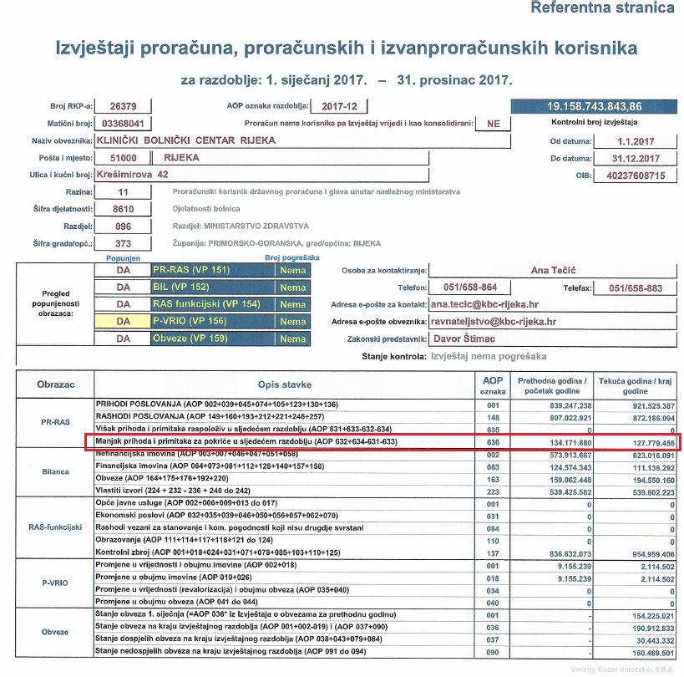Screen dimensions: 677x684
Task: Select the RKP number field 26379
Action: click(124, 106)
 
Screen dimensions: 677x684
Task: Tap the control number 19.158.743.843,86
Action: click(594, 107)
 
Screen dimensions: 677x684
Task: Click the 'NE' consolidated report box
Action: click(494, 123)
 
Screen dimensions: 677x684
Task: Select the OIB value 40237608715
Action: click(636, 176)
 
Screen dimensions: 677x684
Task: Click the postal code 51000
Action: click(123, 158)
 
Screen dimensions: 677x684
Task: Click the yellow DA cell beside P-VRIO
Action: click(124, 322)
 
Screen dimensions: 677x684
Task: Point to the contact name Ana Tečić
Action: click(552, 271)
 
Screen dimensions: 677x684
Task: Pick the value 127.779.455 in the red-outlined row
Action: click(637, 442)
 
